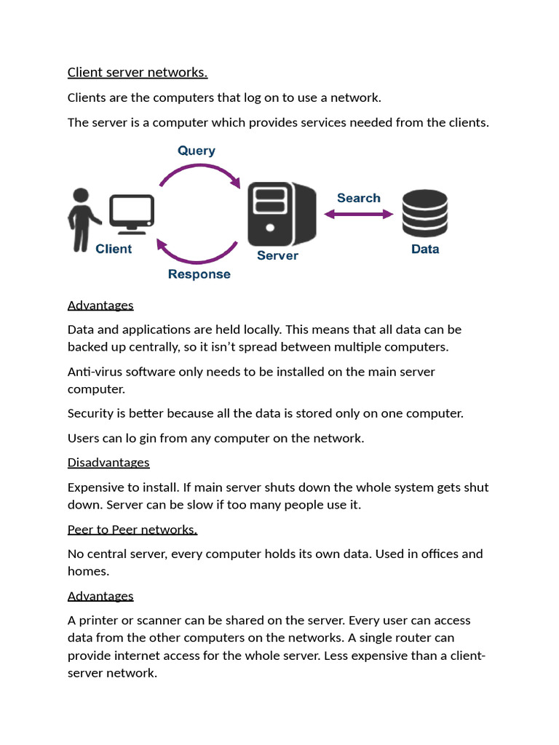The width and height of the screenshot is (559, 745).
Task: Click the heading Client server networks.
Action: coord(138,72)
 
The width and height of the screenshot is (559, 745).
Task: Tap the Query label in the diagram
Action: coord(197,151)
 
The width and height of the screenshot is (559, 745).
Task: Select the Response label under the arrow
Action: coord(199,274)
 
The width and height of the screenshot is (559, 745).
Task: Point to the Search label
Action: coord(358,198)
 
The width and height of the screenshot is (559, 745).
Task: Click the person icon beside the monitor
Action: coord(82,220)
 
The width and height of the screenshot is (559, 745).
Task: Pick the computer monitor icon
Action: coord(132,213)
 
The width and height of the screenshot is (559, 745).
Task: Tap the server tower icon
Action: coord(281,214)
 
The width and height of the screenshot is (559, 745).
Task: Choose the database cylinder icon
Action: coord(425,212)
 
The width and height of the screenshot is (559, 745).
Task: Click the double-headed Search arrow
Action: coord(358,214)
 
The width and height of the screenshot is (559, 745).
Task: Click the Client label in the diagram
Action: coord(114,249)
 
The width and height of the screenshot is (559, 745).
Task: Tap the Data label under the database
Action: coord(425,249)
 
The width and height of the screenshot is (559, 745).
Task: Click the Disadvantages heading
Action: coord(108,463)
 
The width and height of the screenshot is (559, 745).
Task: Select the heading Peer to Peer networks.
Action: coord(132,530)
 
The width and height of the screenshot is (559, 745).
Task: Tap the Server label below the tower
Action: coord(277,255)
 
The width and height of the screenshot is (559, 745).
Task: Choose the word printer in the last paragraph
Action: coord(100,621)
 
